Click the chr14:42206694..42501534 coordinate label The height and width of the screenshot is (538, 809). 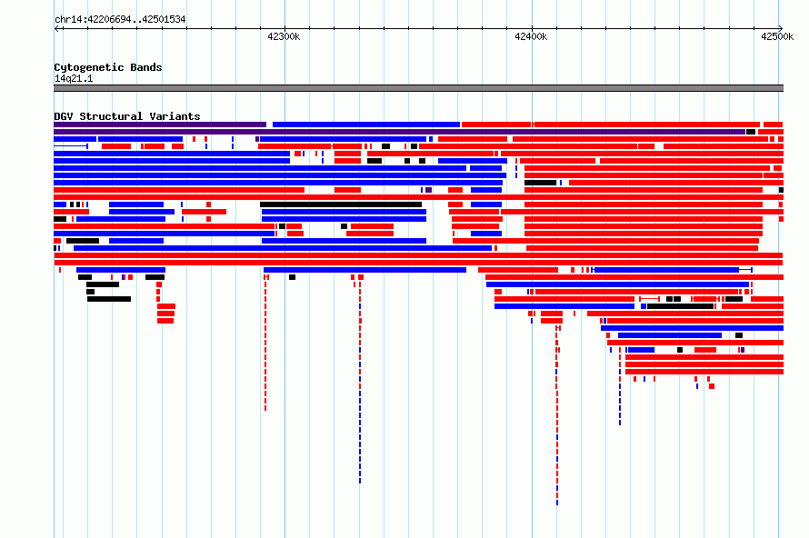click(120, 19)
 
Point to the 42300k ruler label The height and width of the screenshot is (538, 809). click(284, 36)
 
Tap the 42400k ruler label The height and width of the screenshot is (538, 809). click(531, 36)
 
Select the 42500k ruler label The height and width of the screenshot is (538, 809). click(777, 36)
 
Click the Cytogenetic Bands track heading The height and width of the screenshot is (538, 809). click(108, 67)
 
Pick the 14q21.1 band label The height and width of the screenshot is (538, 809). click(74, 78)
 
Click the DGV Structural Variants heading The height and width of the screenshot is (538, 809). click(127, 116)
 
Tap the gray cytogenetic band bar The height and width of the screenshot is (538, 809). click(418, 88)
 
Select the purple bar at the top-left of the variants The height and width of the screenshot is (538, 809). click(160, 125)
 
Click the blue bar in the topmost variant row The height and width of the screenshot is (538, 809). click(365, 125)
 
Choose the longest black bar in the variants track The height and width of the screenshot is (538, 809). click(341, 204)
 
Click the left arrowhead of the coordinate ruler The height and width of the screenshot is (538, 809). click(55, 29)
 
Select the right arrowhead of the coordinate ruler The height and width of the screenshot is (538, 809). click(781, 29)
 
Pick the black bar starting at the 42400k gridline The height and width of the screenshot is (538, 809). click(540, 183)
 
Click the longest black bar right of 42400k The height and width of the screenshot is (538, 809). click(680, 306)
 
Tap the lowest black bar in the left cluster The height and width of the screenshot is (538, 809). click(109, 299)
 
